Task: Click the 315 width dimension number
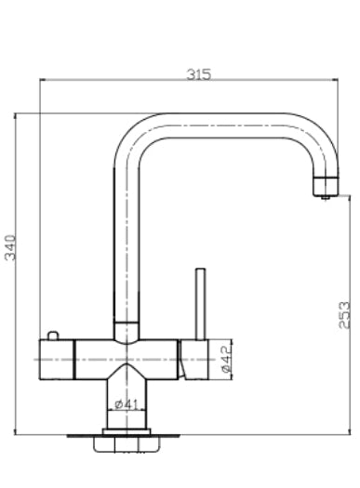pos(197,74)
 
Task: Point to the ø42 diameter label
pos(225,358)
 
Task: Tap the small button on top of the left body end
pos(52,335)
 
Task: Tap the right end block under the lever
pos(197,359)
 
